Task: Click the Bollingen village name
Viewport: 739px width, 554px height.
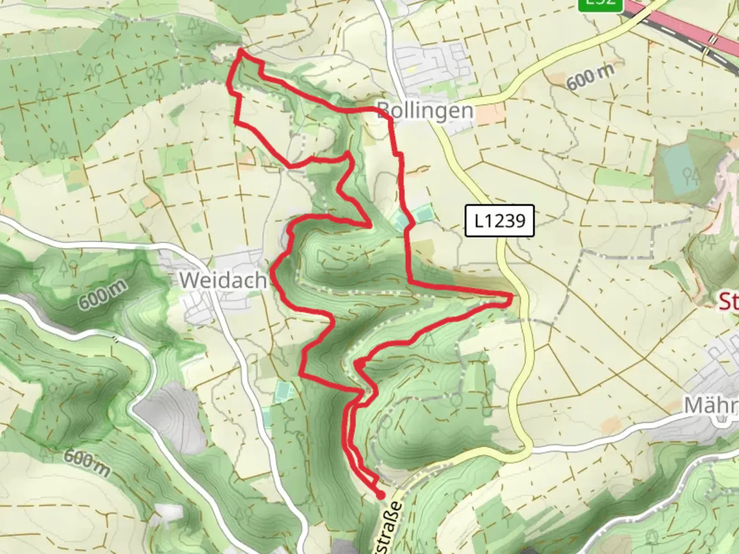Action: coord(425,110)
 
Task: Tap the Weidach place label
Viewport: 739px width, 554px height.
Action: coord(223,280)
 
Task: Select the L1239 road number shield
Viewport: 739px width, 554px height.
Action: coord(499,221)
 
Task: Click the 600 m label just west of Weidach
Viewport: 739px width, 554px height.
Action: coord(102,294)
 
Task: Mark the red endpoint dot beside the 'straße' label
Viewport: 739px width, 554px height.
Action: coord(381,495)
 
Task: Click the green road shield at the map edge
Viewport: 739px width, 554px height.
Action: coord(600,4)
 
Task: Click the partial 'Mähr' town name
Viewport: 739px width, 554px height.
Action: coord(711,406)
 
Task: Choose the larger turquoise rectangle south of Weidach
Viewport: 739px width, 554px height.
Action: coord(282,392)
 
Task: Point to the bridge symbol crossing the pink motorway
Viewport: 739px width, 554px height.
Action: coord(712,38)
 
